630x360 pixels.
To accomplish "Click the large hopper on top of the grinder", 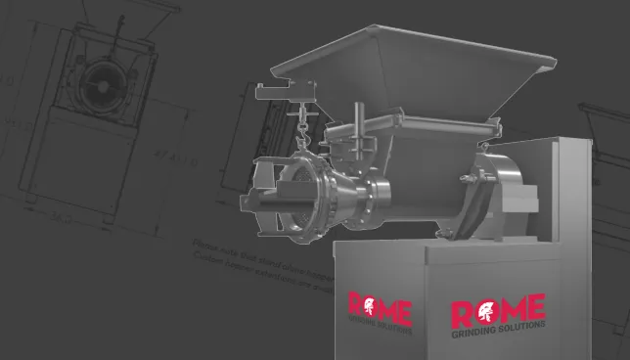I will click(x=411, y=68).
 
